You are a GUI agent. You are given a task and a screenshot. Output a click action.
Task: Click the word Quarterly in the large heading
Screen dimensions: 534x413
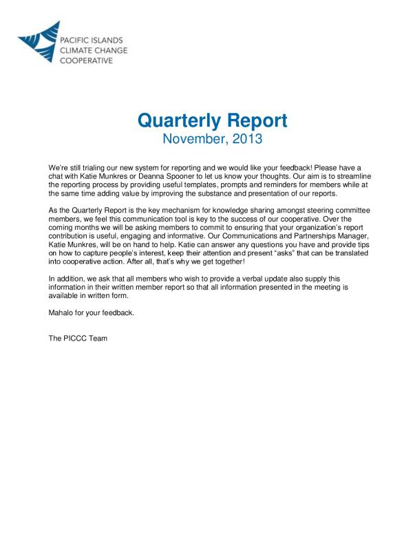178,120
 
